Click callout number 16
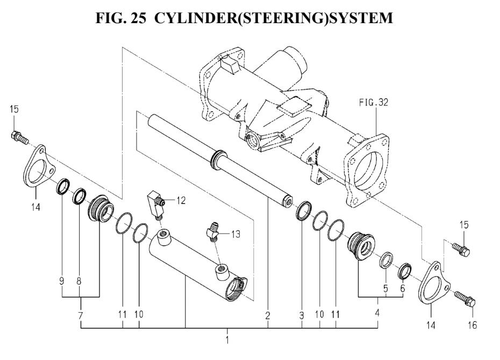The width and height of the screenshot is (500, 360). tap(472, 324)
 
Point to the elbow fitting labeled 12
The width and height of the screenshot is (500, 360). tap(154, 206)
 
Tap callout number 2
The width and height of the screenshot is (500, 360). tap(267, 317)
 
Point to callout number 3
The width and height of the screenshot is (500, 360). tap(301, 317)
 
